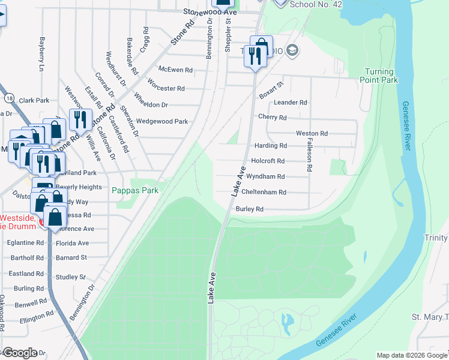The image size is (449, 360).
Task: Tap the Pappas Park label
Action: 135,190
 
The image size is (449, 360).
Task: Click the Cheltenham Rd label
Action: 264,193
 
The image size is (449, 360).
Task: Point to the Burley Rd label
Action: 250,209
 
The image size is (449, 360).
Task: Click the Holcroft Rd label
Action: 268,161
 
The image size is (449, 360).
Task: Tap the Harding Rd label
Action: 270,146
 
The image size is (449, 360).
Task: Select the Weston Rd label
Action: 312,133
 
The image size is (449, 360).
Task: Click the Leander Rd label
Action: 291,103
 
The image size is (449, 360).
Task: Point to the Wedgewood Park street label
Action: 162,121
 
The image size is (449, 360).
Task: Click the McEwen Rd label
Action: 175,70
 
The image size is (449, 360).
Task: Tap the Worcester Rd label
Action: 166,88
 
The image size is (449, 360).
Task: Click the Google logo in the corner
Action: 19,353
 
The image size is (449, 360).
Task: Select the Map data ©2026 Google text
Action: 411,355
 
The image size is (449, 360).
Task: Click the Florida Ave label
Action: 72,244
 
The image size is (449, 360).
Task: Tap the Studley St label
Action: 71,277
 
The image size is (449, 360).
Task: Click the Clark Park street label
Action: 34,101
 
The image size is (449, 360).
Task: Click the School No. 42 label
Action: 315,4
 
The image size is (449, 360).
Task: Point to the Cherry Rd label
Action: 272,118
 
